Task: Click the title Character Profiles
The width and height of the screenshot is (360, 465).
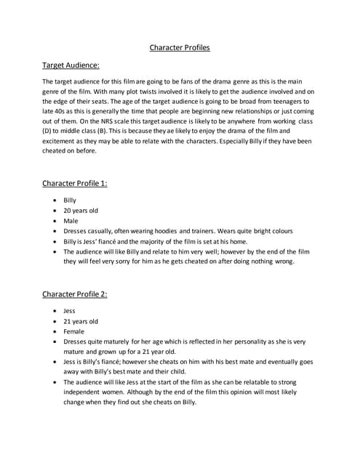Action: [x=180, y=48]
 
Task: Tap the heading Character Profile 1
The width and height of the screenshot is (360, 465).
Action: [x=75, y=183]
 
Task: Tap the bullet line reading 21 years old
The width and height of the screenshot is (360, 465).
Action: [x=80, y=320]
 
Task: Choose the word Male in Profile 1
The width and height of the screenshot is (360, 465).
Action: [x=71, y=220]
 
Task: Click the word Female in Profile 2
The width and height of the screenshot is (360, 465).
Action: [x=73, y=331]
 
